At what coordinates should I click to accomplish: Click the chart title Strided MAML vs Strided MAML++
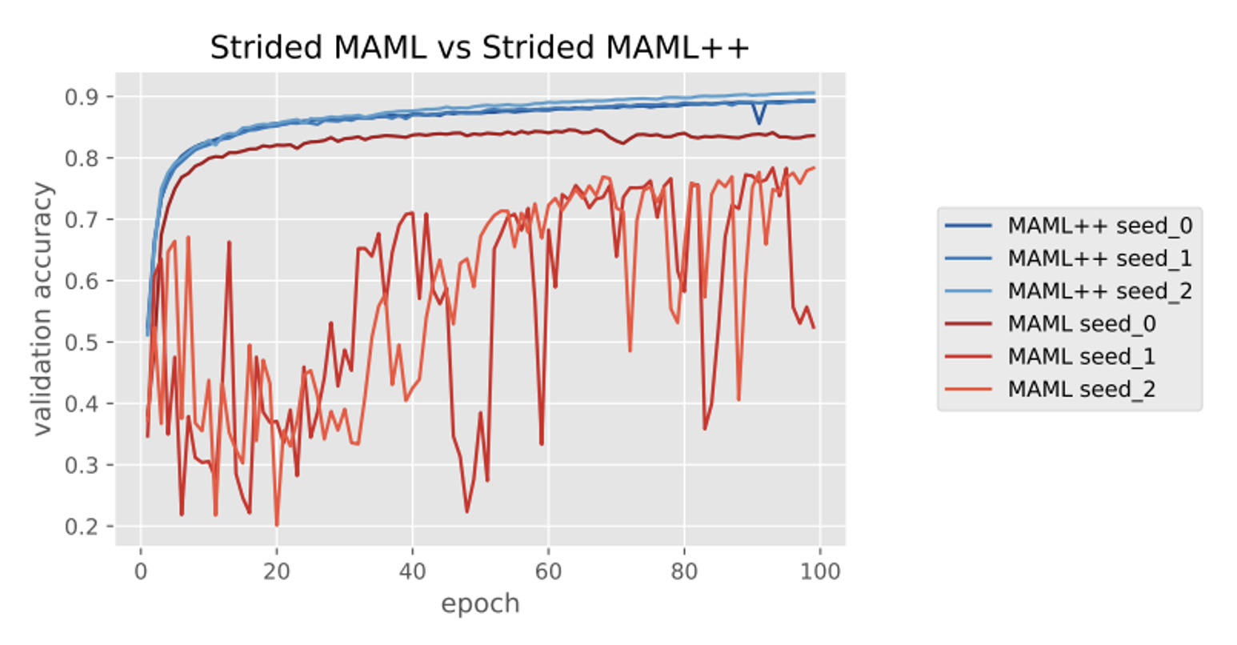(479, 48)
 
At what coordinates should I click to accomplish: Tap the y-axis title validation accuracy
(43, 309)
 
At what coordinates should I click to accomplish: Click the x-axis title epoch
(480, 603)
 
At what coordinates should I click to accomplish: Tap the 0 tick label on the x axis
(141, 571)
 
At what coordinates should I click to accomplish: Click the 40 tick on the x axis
(412, 571)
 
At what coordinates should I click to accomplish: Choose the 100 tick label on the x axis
(820, 571)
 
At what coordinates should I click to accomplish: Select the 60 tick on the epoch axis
(548, 571)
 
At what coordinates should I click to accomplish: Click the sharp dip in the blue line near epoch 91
(759, 123)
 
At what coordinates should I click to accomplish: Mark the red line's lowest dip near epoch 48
(466, 511)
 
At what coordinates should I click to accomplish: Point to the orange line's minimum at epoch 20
(277, 525)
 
